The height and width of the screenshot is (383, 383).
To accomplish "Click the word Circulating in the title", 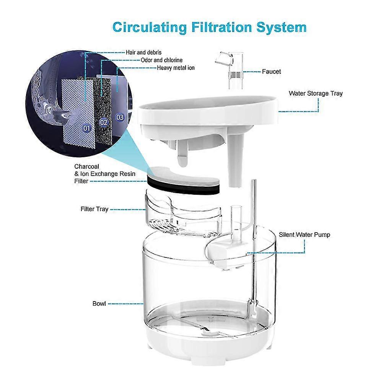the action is coord(150,28).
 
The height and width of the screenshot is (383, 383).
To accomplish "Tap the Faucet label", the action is coord(271,72).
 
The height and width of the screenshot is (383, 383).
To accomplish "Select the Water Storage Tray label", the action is coord(316,93).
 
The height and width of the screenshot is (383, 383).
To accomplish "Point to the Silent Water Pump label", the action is coord(304,235).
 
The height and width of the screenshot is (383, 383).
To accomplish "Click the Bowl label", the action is coord(99,304).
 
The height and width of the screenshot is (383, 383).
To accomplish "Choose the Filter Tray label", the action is coord(95,209).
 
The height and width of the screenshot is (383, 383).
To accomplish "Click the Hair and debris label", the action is coord(143,52).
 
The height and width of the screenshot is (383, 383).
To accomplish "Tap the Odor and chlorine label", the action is coord(162,60).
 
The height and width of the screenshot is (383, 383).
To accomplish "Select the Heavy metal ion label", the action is coord(176,68).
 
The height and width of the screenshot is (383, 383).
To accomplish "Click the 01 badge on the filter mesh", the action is coord(87,128).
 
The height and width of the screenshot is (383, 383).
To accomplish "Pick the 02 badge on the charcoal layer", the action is coord(104,122).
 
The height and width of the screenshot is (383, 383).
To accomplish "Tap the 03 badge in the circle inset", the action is coord(120,117).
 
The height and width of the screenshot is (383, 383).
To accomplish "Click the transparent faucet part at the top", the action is coord(230,70).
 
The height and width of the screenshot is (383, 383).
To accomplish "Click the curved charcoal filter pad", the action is coord(184,181).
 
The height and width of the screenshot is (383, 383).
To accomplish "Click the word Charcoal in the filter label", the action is coord(87,166).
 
